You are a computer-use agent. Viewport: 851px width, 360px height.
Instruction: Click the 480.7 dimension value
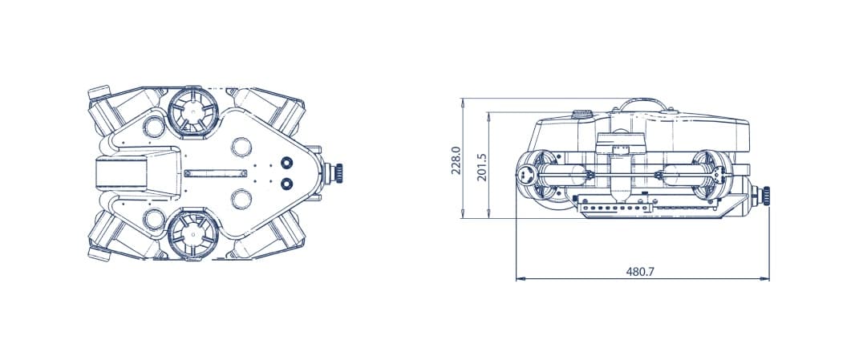[640, 272]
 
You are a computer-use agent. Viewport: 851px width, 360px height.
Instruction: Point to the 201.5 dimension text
[482, 167]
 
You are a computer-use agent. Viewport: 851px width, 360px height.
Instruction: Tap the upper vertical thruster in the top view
[192, 111]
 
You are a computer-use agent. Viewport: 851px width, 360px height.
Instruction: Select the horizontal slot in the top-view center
[215, 172]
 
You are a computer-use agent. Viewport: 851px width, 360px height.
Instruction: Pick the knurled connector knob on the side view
[768, 193]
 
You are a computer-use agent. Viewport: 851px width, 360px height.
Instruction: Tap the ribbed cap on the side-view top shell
[582, 115]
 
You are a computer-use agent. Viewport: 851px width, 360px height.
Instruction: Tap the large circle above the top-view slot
[241, 146]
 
